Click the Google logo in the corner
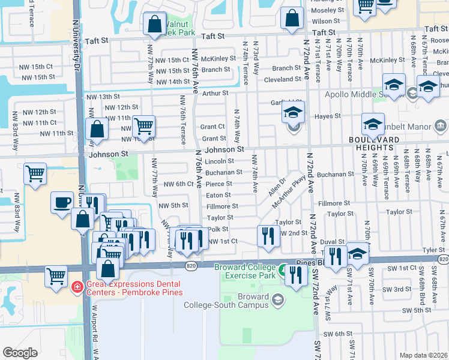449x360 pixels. click(x=20, y=352)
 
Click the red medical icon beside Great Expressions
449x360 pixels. click(x=76, y=287)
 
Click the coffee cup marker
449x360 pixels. click(x=62, y=203)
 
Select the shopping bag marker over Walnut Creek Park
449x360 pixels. click(x=155, y=24)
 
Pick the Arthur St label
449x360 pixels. click(x=215, y=93)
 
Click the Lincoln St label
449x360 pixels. click(x=219, y=161)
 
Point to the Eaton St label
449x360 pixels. click(x=218, y=195)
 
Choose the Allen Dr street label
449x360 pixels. click(x=277, y=185)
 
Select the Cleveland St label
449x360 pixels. click(x=283, y=79)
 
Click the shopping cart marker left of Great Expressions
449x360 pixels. click(x=56, y=277)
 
